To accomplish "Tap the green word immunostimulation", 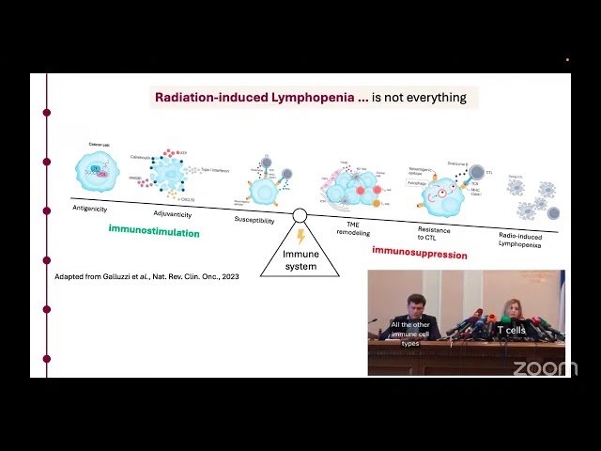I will (x=154, y=231).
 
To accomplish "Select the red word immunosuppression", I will (x=418, y=251).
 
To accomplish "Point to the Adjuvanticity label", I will (x=172, y=214).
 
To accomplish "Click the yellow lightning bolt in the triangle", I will (x=300, y=237).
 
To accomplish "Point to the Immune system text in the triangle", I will (x=300, y=260).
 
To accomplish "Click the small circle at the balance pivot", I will (x=300, y=217).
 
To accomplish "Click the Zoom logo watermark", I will (x=545, y=367).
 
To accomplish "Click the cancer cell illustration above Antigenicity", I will (x=97, y=170).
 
